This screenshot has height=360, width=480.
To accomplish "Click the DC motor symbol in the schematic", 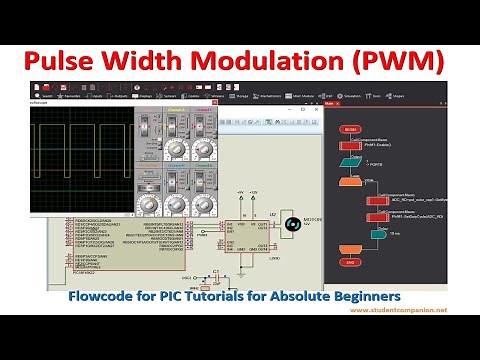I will click(291, 224).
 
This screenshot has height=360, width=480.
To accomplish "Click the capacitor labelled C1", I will click(214, 272).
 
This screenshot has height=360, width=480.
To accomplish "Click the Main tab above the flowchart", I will click(329, 102).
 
